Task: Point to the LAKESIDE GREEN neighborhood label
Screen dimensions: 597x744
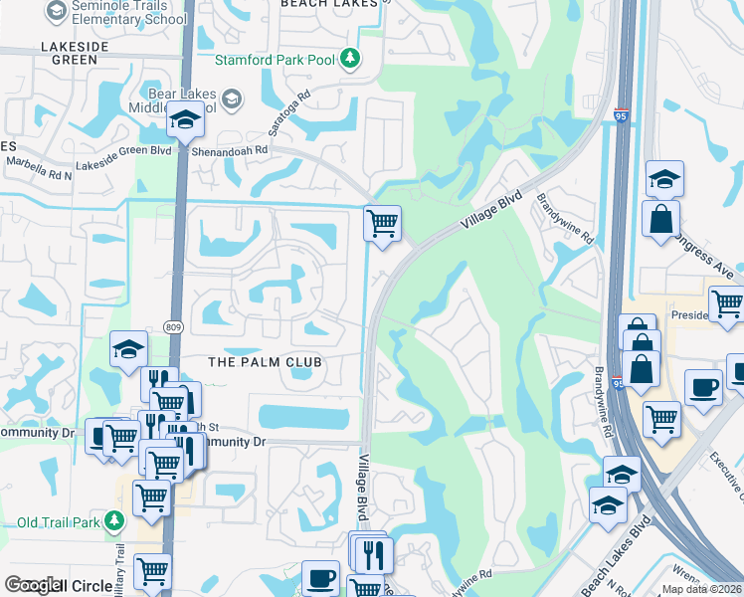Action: tap(69, 53)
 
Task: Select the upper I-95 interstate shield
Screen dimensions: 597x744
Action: tap(622, 115)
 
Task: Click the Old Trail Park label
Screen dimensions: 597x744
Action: tap(60, 521)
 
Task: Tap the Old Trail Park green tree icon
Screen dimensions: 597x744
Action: tap(115, 520)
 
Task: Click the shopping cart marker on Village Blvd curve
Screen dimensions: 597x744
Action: tap(382, 223)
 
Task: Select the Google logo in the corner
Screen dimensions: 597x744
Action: tap(32, 585)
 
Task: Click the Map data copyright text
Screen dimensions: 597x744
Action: tap(701, 589)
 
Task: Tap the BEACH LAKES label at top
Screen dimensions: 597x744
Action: tap(329, 4)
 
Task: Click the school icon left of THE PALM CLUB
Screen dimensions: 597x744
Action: tap(129, 349)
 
